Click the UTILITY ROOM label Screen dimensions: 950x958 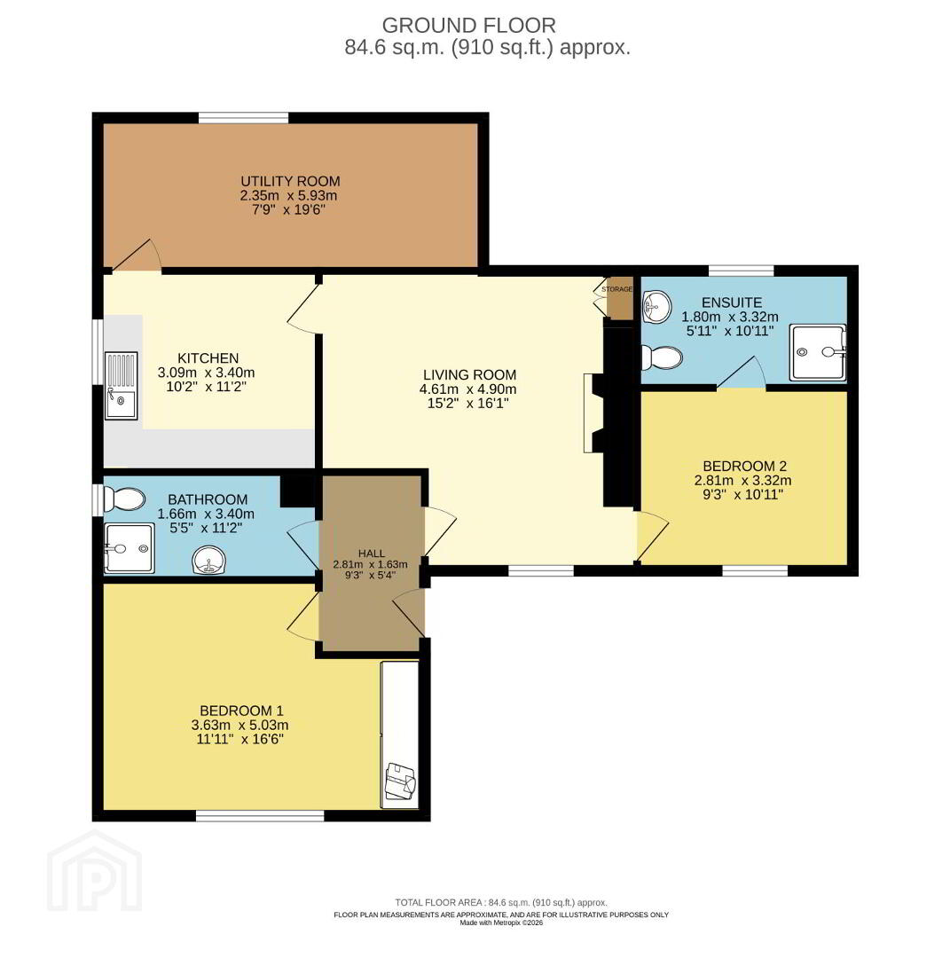[x=290, y=181]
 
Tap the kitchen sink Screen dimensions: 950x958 [x=121, y=386]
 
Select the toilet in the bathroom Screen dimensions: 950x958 [x=125, y=499]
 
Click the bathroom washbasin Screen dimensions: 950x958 [x=209, y=561]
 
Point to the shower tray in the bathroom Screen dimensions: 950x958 [x=129, y=548]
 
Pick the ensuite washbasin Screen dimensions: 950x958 [x=656, y=306]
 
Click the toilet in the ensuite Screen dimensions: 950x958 [x=662, y=357]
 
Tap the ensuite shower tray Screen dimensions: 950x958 [x=818, y=352]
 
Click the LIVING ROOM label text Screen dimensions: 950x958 [x=469, y=374]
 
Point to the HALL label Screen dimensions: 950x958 [x=372, y=554]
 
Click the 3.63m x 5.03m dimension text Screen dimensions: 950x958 [x=239, y=726]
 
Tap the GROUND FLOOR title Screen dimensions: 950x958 [x=469, y=26]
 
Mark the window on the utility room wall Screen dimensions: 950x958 [x=244, y=118]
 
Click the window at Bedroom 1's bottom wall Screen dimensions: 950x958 [x=260, y=816]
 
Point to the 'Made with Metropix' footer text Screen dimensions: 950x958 [x=501, y=923]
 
